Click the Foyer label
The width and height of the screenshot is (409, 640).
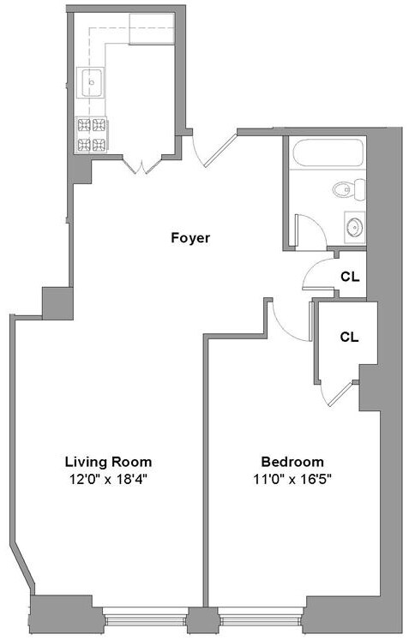coord(189,237)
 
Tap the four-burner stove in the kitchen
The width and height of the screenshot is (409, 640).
coord(93,133)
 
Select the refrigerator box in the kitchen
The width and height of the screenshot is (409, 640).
coord(150,32)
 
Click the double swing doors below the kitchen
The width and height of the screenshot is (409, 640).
coord(138,165)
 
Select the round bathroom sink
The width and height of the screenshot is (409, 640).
coord(352,227)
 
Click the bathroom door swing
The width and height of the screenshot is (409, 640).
coord(306,231)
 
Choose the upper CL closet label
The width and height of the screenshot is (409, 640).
coord(349,277)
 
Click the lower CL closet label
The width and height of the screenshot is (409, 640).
coord(348,337)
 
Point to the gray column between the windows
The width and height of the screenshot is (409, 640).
coord(201,619)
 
